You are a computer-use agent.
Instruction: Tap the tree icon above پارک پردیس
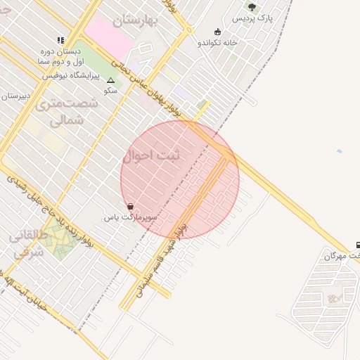click(252, 7)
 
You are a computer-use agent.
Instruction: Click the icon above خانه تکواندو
click(217, 32)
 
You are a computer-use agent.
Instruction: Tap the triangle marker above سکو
click(110, 80)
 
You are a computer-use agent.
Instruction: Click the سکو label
click(110, 91)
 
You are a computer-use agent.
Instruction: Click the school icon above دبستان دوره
click(60, 40)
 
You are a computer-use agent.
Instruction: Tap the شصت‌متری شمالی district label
click(67, 112)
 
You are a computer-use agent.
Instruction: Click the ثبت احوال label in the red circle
click(152, 155)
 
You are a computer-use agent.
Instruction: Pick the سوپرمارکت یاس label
click(131, 217)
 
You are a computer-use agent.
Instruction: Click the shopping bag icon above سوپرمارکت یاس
click(131, 207)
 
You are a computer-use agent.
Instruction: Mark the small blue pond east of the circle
click(340, 151)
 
